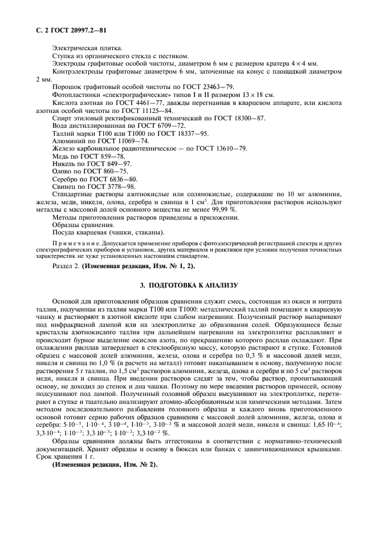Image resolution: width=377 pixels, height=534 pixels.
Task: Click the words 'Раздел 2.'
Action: [64, 266]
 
